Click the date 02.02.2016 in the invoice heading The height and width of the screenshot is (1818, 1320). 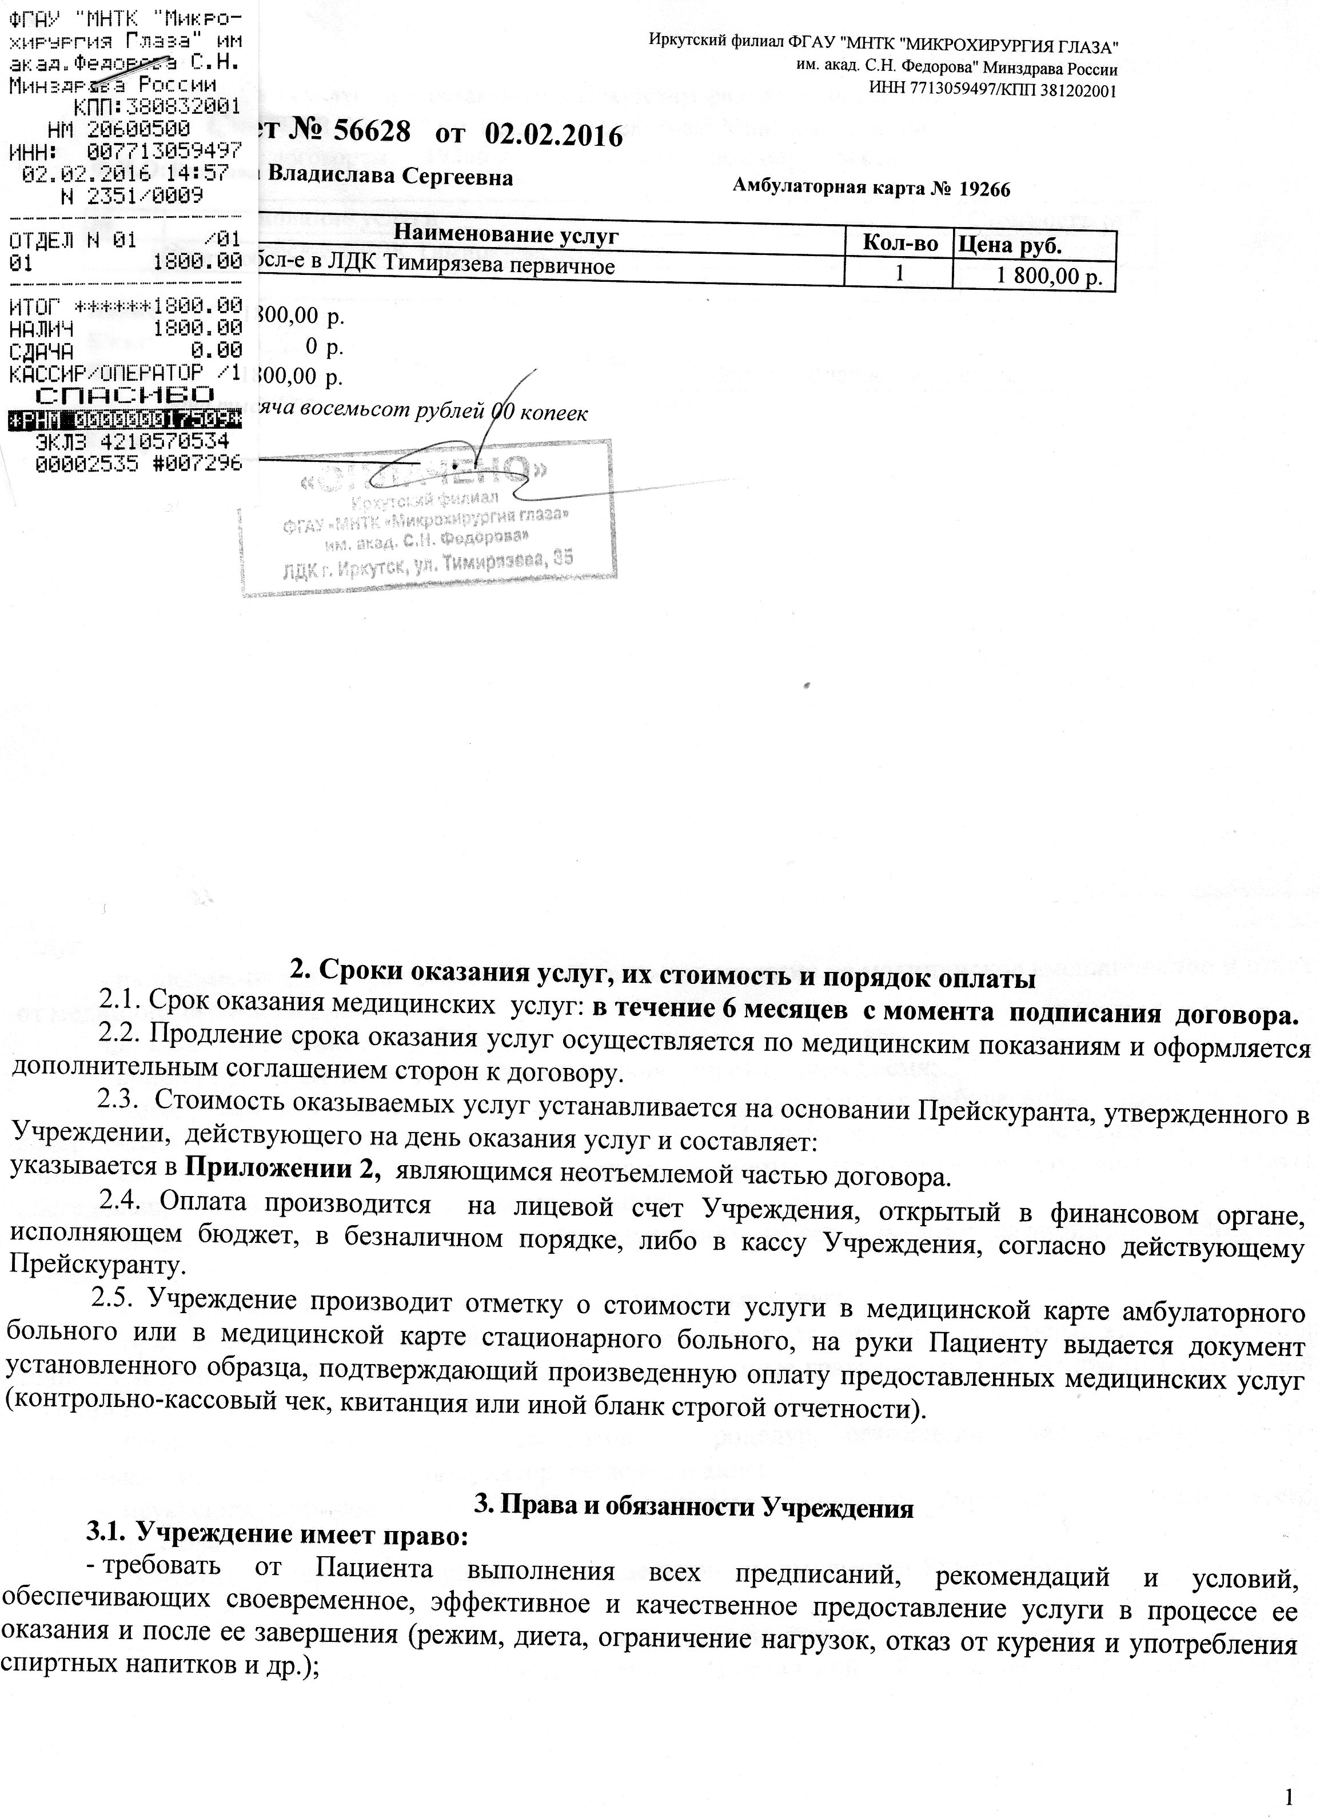[x=553, y=135]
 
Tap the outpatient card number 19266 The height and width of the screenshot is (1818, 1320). [x=983, y=189]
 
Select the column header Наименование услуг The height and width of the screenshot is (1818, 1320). [x=507, y=236]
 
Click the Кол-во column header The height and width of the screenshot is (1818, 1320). [x=899, y=244]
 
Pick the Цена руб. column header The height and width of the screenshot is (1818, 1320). [x=1011, y=245]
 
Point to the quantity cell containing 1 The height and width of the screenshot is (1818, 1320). [x=899, y=273]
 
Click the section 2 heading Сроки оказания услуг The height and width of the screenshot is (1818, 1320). [x=662, y=979]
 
